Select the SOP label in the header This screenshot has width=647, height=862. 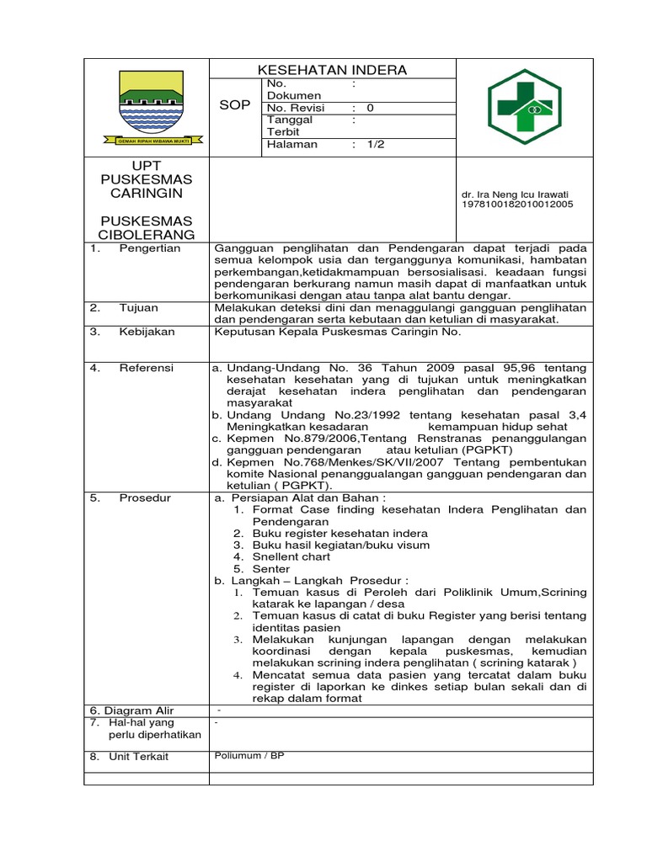(235, 105)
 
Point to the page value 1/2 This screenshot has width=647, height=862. (375, 145)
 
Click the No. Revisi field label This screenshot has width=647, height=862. (298, 109)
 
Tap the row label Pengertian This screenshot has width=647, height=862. (150, 249)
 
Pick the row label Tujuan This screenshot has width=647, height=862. (139, 308)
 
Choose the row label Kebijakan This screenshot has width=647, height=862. (147, 332)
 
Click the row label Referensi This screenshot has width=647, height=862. (147, 368)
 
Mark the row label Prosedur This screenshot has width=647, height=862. (145, 498)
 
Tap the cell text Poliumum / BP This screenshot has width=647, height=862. (250, 756)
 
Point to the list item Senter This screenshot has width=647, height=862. (271, 568)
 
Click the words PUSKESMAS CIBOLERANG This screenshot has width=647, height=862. (147, 227)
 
